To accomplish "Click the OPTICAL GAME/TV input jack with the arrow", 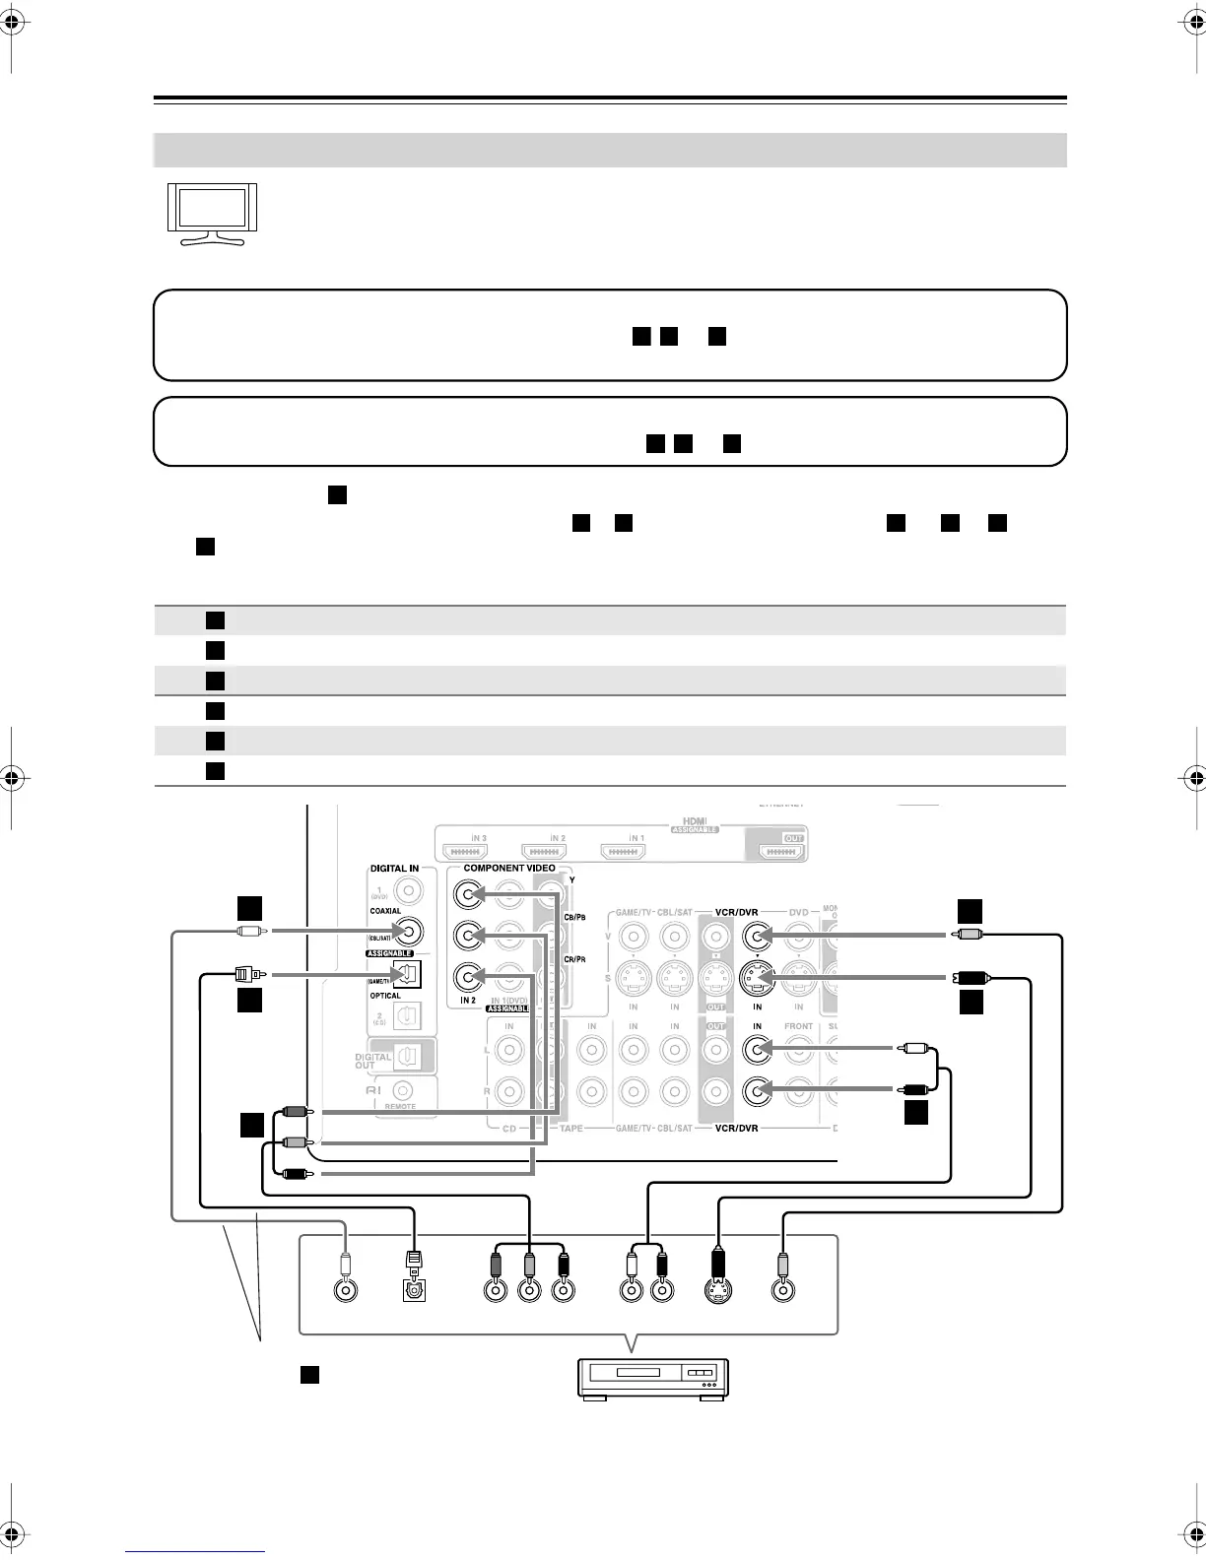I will pos(407,975).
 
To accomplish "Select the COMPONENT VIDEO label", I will pos(509,869).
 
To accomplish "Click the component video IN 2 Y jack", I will pos(469,893).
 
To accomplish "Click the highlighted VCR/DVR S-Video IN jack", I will pos(758,978).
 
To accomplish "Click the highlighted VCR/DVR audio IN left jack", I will pos(758,1050).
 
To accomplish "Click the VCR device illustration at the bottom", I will pos(652,1377).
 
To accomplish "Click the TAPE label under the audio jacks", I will pos(570,1128).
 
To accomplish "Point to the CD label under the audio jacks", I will pos(508,1128).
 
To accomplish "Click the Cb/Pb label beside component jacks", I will pos(574,918).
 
